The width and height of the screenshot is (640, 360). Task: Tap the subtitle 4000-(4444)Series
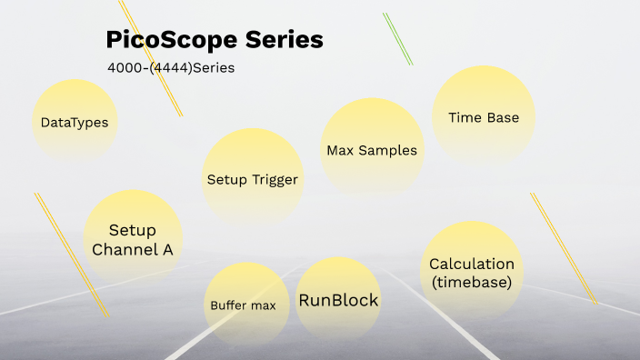coord(171,67)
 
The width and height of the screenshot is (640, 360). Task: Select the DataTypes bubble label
coord(75,122)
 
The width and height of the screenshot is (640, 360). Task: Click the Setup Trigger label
coord(252,179)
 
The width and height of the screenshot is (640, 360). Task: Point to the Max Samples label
coord(372,150)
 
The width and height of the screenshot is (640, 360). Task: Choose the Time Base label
coord(484,117)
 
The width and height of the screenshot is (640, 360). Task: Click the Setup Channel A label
coord(133,240)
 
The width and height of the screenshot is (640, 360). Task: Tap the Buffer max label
coord(243,305)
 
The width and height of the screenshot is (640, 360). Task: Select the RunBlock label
coord(338,300)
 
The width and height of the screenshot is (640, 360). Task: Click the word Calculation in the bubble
coord(472,264)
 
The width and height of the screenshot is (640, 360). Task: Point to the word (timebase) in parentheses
coord(472,282)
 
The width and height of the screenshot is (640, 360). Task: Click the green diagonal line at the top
coord(398,39)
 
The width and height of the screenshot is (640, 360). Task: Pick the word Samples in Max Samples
coord(387,150)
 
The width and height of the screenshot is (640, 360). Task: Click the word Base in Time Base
coord(503,117)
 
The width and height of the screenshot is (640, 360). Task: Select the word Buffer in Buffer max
coord(228,305)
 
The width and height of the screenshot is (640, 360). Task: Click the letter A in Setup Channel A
coord(167,249)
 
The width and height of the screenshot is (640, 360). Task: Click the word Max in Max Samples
coord(339,150)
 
